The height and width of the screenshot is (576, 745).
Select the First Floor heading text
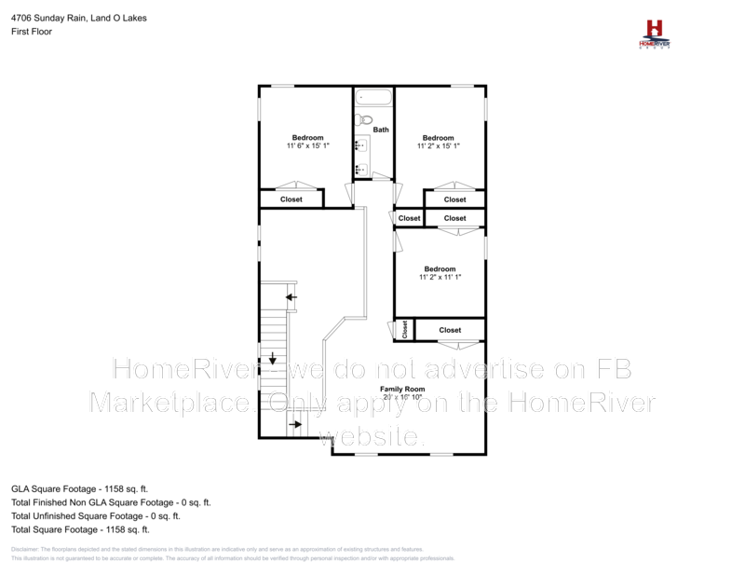pos(32,32)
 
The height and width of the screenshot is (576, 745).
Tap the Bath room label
pos(381,130)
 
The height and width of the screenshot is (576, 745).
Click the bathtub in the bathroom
pos(373,97)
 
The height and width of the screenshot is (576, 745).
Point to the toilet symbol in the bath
pos(365,119)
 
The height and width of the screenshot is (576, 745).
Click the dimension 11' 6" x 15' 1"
pos(307,146)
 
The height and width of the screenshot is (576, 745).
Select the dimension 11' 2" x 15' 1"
pos(439,146)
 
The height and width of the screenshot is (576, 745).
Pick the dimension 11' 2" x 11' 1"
pos(440,277)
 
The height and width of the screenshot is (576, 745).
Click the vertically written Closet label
pos(405,330)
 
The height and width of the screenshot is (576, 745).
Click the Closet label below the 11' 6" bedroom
pos(291,199)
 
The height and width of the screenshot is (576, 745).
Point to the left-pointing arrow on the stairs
pos(291,298)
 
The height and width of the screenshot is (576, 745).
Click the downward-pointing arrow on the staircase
pos(273,358)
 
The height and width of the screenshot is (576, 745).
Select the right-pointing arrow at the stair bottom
pos(295,425)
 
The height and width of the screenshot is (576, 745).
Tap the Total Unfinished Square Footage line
pos(96,515)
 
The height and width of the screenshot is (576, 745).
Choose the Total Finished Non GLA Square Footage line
pos(111,501)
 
